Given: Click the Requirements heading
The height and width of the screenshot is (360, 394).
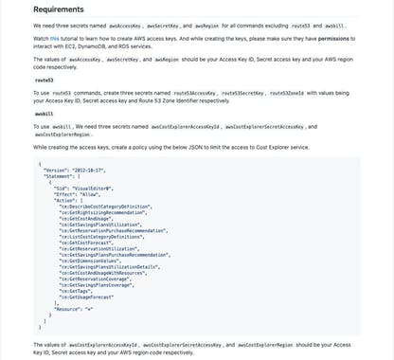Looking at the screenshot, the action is [59, 10].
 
